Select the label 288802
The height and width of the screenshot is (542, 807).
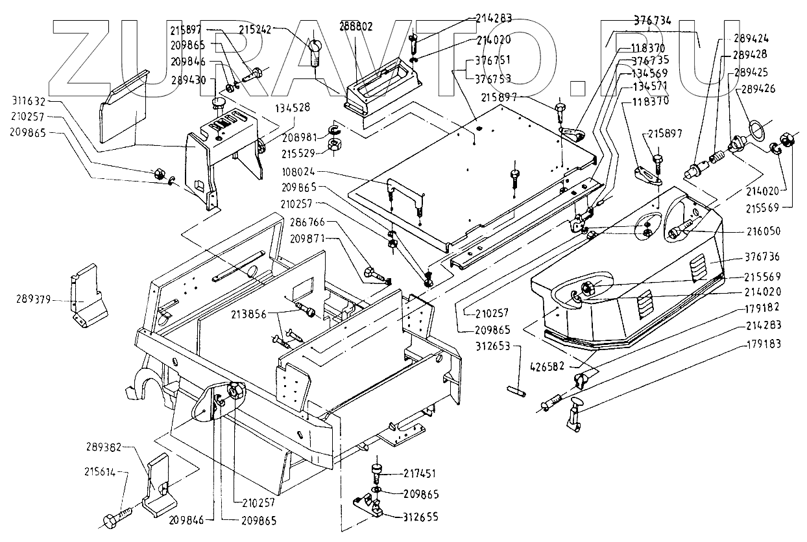[x=356, y=27]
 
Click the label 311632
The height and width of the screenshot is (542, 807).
[x=28, y=101]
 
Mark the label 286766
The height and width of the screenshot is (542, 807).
[x=308, y=221]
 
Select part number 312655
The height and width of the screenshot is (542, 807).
[x=420, y=517]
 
